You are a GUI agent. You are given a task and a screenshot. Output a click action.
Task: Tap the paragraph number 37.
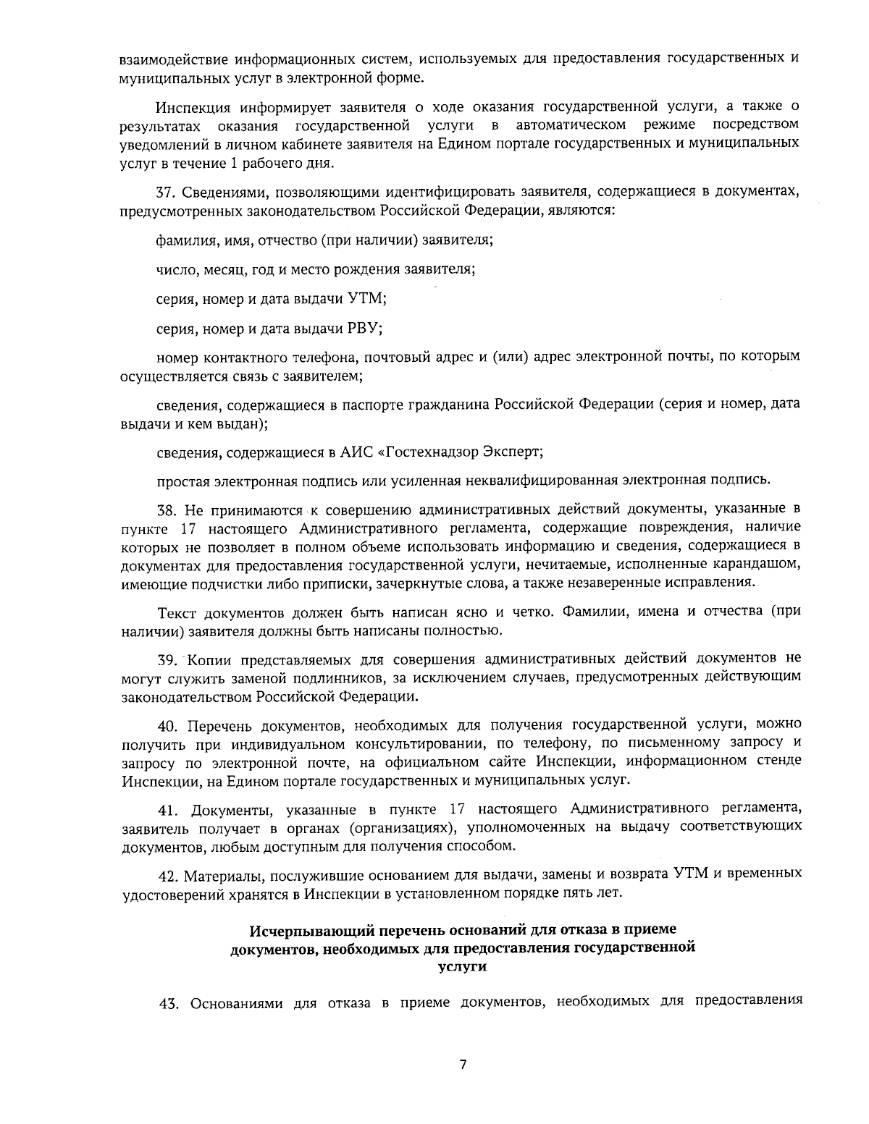click(167, 193)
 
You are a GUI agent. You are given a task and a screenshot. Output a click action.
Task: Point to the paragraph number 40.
click(167, 724)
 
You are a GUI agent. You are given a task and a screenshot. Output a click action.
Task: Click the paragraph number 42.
click(167, 874)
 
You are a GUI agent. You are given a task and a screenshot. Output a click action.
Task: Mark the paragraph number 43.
click(167, 1002)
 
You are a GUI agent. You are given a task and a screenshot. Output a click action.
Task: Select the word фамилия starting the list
click(181, 239)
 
